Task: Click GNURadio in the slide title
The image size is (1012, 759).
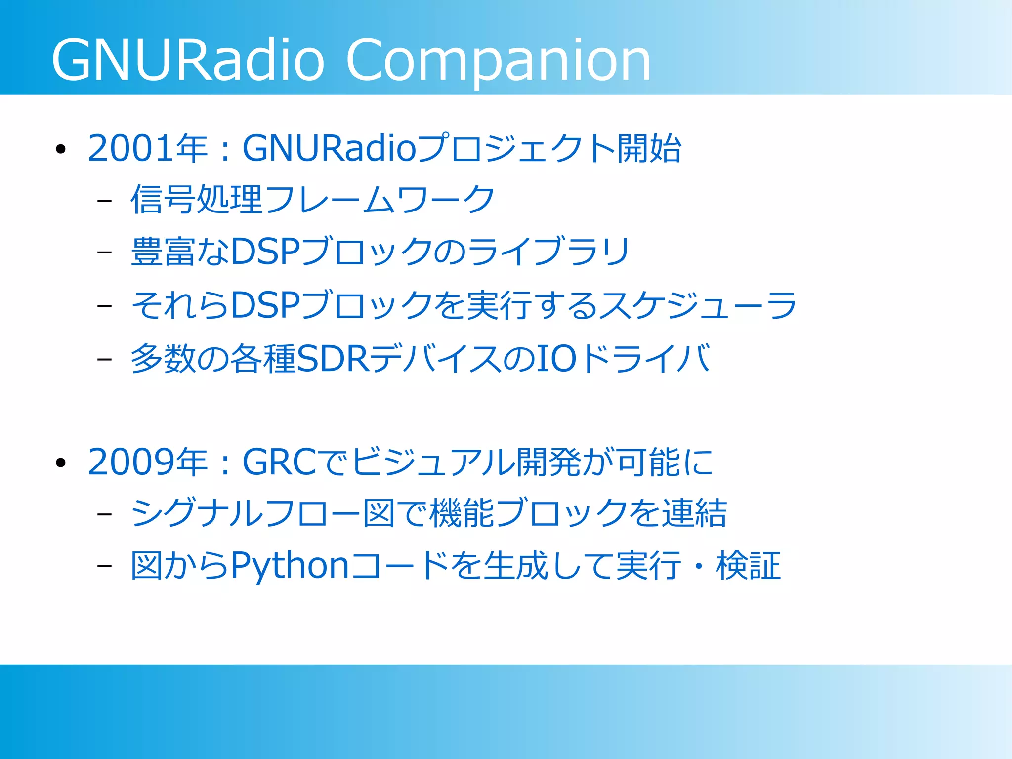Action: coord(188,60)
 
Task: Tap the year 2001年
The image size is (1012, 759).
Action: coord(147,148)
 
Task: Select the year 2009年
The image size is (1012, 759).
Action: coord(147,463)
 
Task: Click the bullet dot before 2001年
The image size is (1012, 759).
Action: coord(61,150)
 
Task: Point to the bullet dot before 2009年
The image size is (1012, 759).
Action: coord(61,464)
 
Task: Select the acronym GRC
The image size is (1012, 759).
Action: coord(279,463)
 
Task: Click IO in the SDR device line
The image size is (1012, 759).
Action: coord(556,359)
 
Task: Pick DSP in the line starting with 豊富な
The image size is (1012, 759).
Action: coord(265,252)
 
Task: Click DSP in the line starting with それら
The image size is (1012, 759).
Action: coord(265,305)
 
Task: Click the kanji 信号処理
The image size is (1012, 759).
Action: coord(196,200)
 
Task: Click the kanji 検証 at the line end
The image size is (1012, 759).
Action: coord(748,566)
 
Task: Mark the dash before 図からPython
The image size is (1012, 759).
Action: coord(104,566)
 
